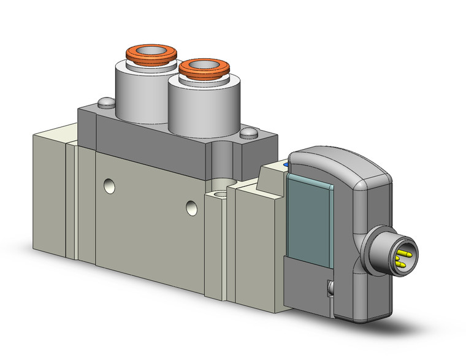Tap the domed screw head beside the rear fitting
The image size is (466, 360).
(x=106, y=102)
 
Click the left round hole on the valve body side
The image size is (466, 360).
(x=109, y=184)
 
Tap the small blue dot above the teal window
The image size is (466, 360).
(x=286, y=164)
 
